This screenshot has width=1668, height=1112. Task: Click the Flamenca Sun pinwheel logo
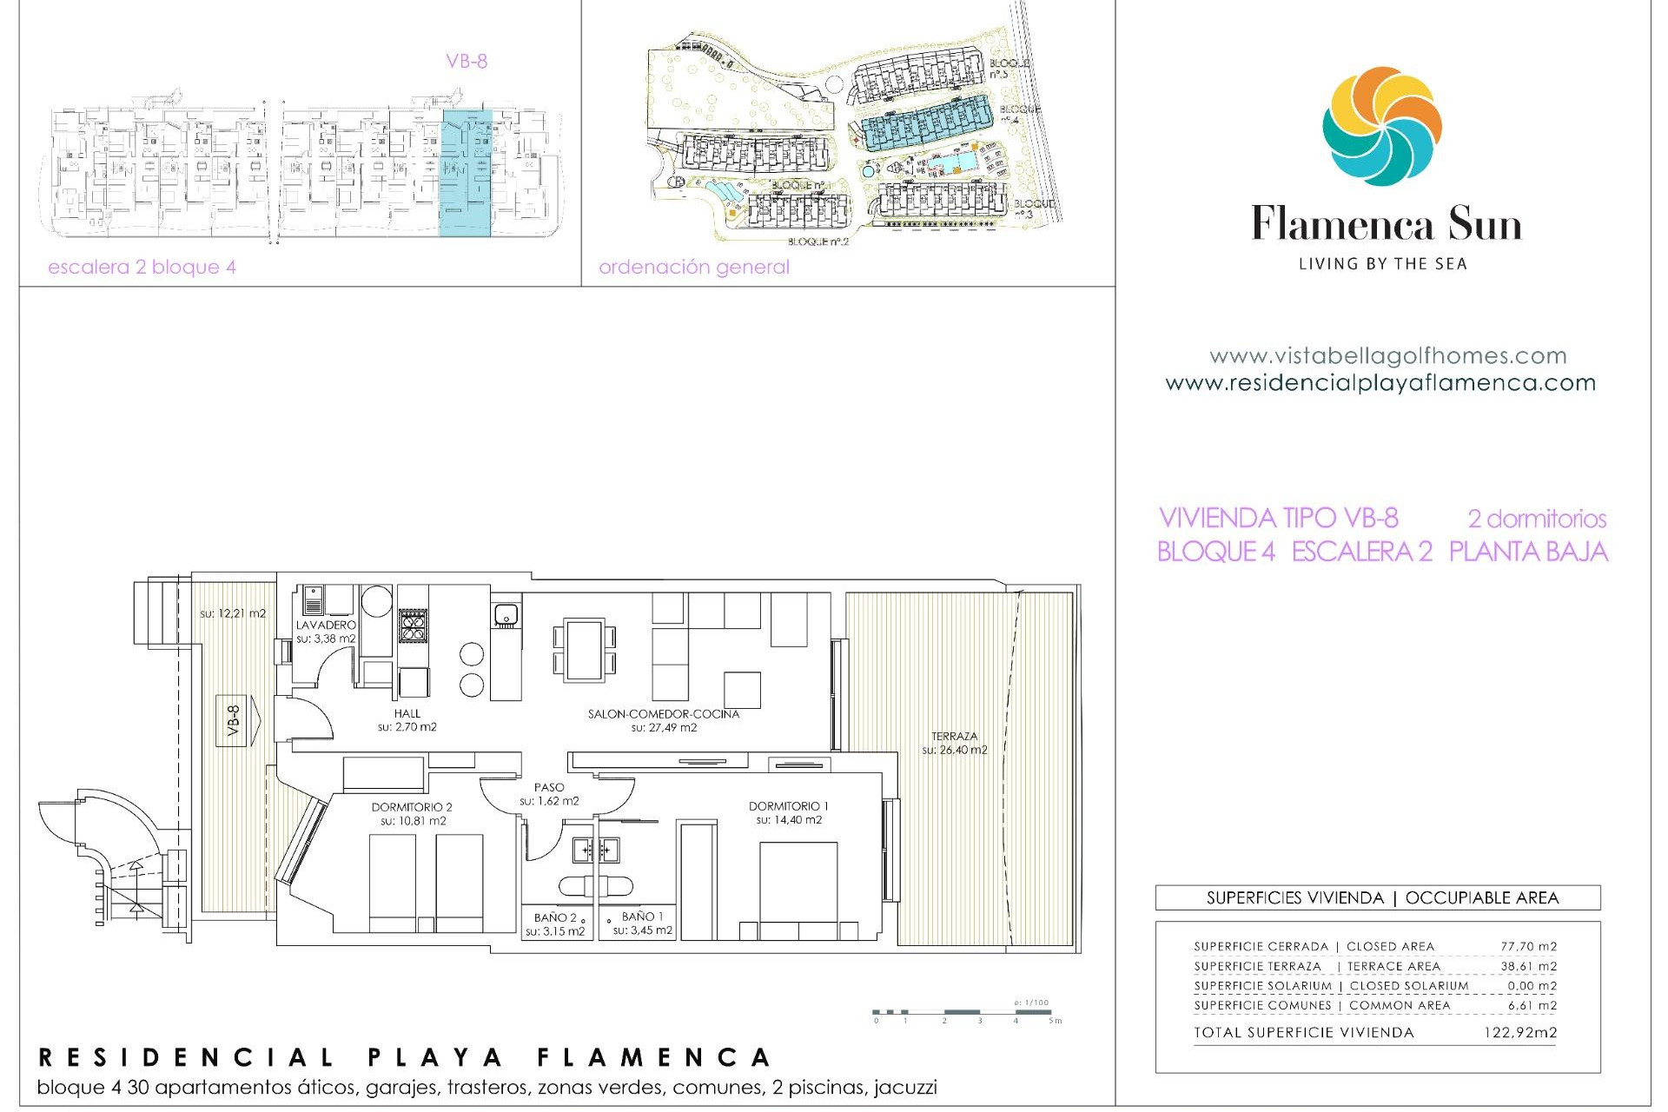tap(1381, 127)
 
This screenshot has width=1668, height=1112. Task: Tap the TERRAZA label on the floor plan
tap(954, 737)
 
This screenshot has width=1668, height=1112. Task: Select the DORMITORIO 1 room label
tap(788, 806)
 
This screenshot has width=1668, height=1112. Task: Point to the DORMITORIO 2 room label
tap(412, 807)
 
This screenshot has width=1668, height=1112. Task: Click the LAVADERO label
tap(326, 625)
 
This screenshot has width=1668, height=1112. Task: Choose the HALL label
tap(407, 713)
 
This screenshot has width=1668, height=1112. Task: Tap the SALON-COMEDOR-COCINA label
tap(664, 714)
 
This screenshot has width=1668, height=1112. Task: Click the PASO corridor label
tap(549, 787)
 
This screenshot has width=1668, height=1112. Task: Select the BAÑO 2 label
tap(555, 917)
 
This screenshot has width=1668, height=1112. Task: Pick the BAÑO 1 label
tap(642, 917)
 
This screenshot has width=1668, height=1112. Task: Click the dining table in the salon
tap(584, 650)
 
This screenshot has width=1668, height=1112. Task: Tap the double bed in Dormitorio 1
tap(798, 890)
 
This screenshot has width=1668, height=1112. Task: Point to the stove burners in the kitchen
tap(413, 625)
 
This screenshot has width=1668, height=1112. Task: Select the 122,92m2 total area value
tap(1519, 1032)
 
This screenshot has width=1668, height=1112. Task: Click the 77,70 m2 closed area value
tap(1528, 946)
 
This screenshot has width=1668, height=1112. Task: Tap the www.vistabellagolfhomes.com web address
tap(1387, 355)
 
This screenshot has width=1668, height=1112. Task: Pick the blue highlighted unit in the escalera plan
tap(467, 172)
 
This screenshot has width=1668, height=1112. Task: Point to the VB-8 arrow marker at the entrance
tap(237, 720)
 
